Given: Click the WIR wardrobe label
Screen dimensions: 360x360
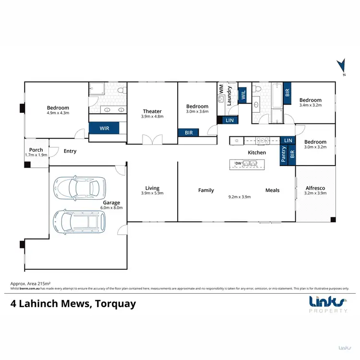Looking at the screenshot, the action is (x=104, y=129).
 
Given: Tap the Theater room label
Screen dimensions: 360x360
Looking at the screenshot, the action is (x=152, y=111).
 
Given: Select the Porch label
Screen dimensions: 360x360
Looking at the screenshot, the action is (x=36, y=150).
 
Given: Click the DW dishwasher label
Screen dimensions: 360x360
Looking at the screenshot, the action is (x=238, y=164).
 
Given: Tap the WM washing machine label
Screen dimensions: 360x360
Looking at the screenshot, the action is (x=221, y=89).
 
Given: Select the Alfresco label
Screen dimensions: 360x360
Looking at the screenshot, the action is (x=315, y=188).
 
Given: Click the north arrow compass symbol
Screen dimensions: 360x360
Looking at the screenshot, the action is (x=341, y=67).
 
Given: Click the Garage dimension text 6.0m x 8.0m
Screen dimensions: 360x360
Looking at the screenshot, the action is (x=112, y=208).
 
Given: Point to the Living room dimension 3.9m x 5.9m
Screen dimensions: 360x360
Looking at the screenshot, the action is (x=152, y=193).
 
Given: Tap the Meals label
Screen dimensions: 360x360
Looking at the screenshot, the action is (x=272, y=191).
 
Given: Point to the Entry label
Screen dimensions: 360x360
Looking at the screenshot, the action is (x=70, y=151).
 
